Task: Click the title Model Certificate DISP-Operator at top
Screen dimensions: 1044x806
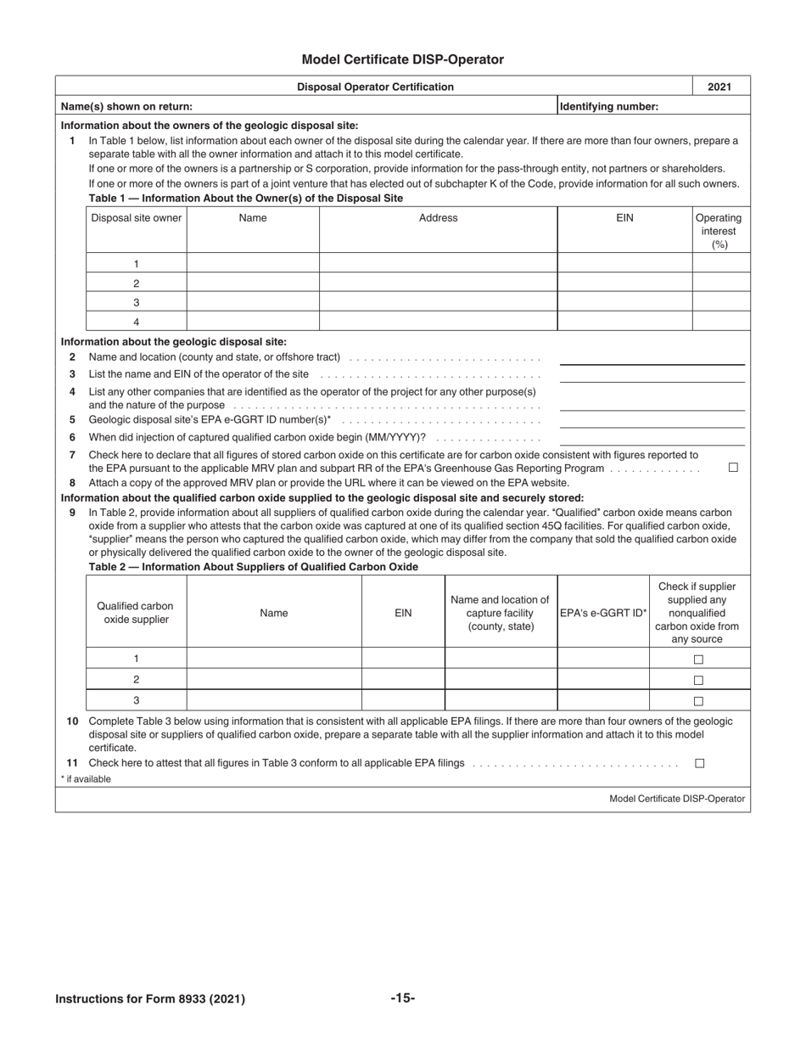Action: click(402, 59)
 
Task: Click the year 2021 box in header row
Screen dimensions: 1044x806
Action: click(719, 87)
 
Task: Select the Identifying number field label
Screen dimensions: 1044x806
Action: click(609, 106)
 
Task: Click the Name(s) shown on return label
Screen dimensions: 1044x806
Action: click(126, 106)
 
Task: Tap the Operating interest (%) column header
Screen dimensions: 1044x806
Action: click(719, 231)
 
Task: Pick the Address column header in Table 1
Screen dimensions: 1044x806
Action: click(438, 218)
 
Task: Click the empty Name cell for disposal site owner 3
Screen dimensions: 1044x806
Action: click(253, 302)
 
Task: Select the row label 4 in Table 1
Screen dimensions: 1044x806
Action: click(136, 322)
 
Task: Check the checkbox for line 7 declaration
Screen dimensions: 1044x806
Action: click(733, 468)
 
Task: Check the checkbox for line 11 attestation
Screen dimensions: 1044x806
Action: click(700, 763)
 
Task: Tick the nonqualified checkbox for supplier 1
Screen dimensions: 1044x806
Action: click(699, 660)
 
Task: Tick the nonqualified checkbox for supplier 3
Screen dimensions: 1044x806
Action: click(699, 701)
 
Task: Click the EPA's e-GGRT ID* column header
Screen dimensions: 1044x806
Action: click(603, 613)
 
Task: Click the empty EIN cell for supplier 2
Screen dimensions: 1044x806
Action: click(403, 679)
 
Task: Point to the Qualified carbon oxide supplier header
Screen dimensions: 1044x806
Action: click(136, 613)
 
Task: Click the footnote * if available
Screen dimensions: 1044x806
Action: click(86, 779)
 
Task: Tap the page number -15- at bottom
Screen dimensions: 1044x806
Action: click(402, 998)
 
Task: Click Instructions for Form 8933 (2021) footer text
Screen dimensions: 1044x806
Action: click(150, 999)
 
